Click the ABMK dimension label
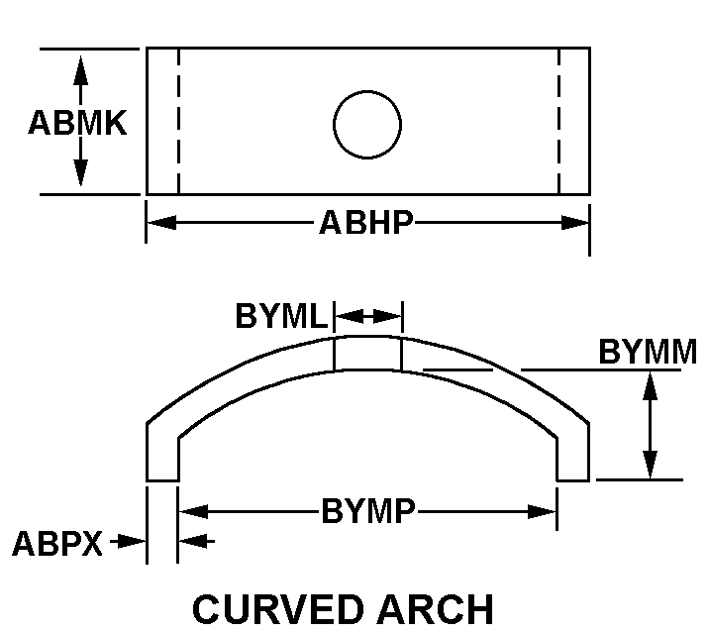pyautogui.click(x=77, y=123)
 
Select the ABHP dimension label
pyautogui.click(x=366, y=222)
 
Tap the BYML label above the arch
pyautogui.click(x=281, y=315)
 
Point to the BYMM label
pyautogui.click(x=648, y=352)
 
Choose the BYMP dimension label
pyautogui.click(x=368, y=511)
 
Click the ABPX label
pyautogui.click(x=57, y=543)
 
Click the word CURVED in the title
pyautogui.click(x=278, y=609)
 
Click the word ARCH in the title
pyautogui.click(x=436, y=609)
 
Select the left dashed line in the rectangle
pyautogui.click(x=179, y=121)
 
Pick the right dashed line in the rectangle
pyautogui.click(x=559, y=121)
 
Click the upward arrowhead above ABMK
pyautogui.click(x=81, y=70)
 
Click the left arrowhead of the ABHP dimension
pyautogui.click(x=162, y=222)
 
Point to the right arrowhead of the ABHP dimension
pyautogui.click(x=574, y=222)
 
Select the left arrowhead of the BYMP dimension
pyautogui.click(x=194, y=512)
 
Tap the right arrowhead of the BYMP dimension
pyautogui.click(x=542, y=512)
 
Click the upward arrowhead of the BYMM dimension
pyautogui.click(x=650, y=385)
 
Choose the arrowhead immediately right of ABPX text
pyautogui.click(x=132, y=541)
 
